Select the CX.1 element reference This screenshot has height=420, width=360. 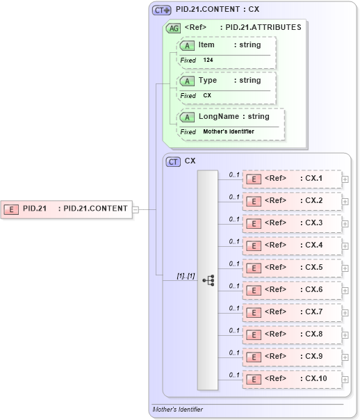click(292, 179)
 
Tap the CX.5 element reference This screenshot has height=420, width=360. click(292, 268)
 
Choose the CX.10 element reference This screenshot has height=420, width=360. click(292, 379)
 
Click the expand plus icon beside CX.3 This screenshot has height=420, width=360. click(345, 224)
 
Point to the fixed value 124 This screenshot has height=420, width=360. click(208, 60)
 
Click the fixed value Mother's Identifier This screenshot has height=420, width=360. click(229, 131)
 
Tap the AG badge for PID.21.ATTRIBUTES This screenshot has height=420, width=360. click(172, 28)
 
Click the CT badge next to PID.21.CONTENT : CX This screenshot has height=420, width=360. click(162, 10)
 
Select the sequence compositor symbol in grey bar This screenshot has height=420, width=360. click(208, 280)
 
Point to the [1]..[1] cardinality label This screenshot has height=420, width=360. click(185, 275)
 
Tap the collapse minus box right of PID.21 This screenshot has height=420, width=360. click(136, 209)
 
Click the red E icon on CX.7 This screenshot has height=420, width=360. click(255, 312)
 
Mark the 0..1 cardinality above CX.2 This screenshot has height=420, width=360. click(234, 197)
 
